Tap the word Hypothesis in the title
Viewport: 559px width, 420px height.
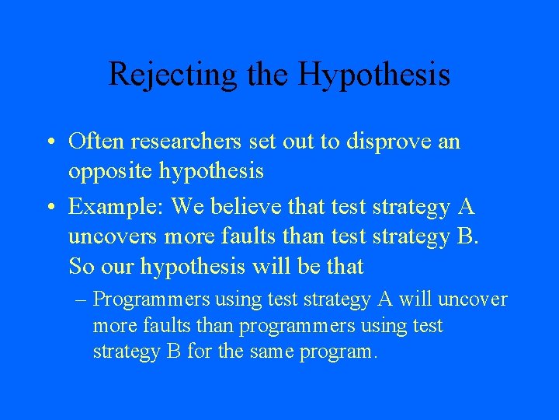pos(374,75)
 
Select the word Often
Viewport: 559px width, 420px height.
pos(97,142)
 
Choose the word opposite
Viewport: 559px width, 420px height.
pos(110,170)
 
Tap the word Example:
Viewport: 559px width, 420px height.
pos(116,207)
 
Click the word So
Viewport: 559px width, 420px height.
pos(81,266)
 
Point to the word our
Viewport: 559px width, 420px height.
pos(114,266)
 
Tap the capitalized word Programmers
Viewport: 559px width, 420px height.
pos(152,299)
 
